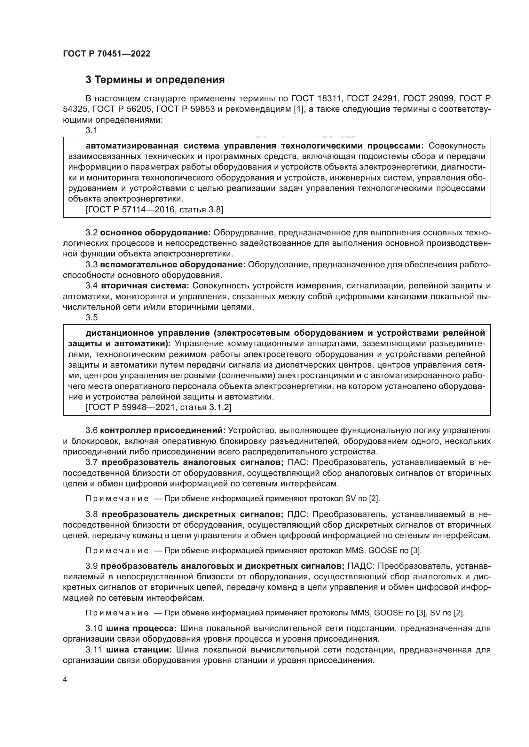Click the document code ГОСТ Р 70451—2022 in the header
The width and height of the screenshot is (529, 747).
[107, 54]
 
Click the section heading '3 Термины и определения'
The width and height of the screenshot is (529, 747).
[155, 80]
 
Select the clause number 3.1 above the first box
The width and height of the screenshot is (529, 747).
[91, 131]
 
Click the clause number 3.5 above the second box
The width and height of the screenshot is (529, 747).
[91, 317]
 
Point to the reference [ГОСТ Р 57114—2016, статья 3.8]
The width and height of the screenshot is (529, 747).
[154, 210]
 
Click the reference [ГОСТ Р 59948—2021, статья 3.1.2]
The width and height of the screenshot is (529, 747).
[158, 407]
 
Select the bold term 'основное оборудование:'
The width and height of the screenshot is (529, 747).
[155, 232]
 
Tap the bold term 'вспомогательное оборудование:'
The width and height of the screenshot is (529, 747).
[173, 264]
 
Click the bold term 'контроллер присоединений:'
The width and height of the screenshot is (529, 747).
[162, 431]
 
